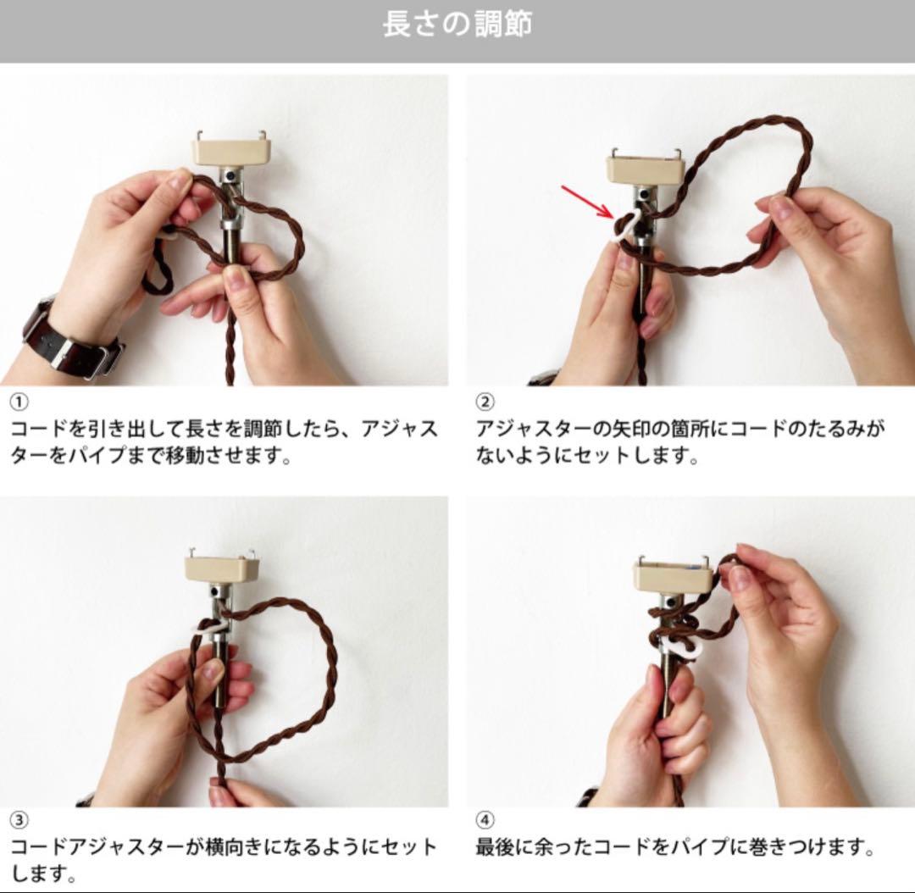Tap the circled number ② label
485,402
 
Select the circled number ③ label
18,819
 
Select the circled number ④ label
485,819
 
